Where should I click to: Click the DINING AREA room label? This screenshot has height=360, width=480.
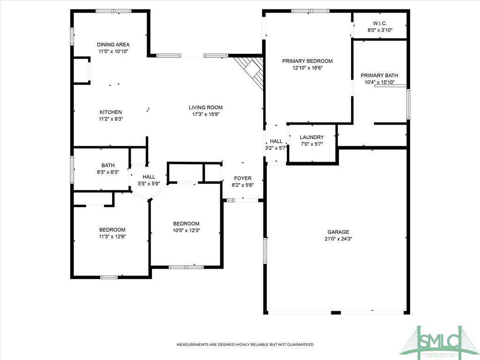coord(113,45)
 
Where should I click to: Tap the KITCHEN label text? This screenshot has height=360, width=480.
coord(111,112)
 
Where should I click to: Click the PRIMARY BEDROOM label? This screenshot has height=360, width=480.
coord(307,61)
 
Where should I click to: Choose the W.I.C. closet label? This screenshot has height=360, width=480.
coord(380,23)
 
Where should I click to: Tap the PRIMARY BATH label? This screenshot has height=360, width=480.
coord(379,75)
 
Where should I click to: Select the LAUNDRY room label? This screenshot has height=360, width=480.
coord(312,137)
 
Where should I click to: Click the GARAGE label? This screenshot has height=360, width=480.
coord(338,232)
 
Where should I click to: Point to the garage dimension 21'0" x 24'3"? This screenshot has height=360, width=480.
coord(338,239)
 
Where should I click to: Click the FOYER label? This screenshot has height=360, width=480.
coord(242,178)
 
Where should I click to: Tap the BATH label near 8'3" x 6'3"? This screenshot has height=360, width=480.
coord(108,165)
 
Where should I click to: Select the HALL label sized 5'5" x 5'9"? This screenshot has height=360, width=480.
coord(149,177)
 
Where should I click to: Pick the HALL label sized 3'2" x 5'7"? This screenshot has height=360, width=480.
coord(276,141)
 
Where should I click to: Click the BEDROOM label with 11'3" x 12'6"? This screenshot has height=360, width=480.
coord(112,230)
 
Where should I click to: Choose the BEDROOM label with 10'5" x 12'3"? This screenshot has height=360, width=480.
coord(186,224)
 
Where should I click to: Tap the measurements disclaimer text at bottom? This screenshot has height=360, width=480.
coord(245,345)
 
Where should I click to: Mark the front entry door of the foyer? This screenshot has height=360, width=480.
coord(242,200)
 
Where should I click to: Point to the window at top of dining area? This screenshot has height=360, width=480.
coord(114,11)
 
